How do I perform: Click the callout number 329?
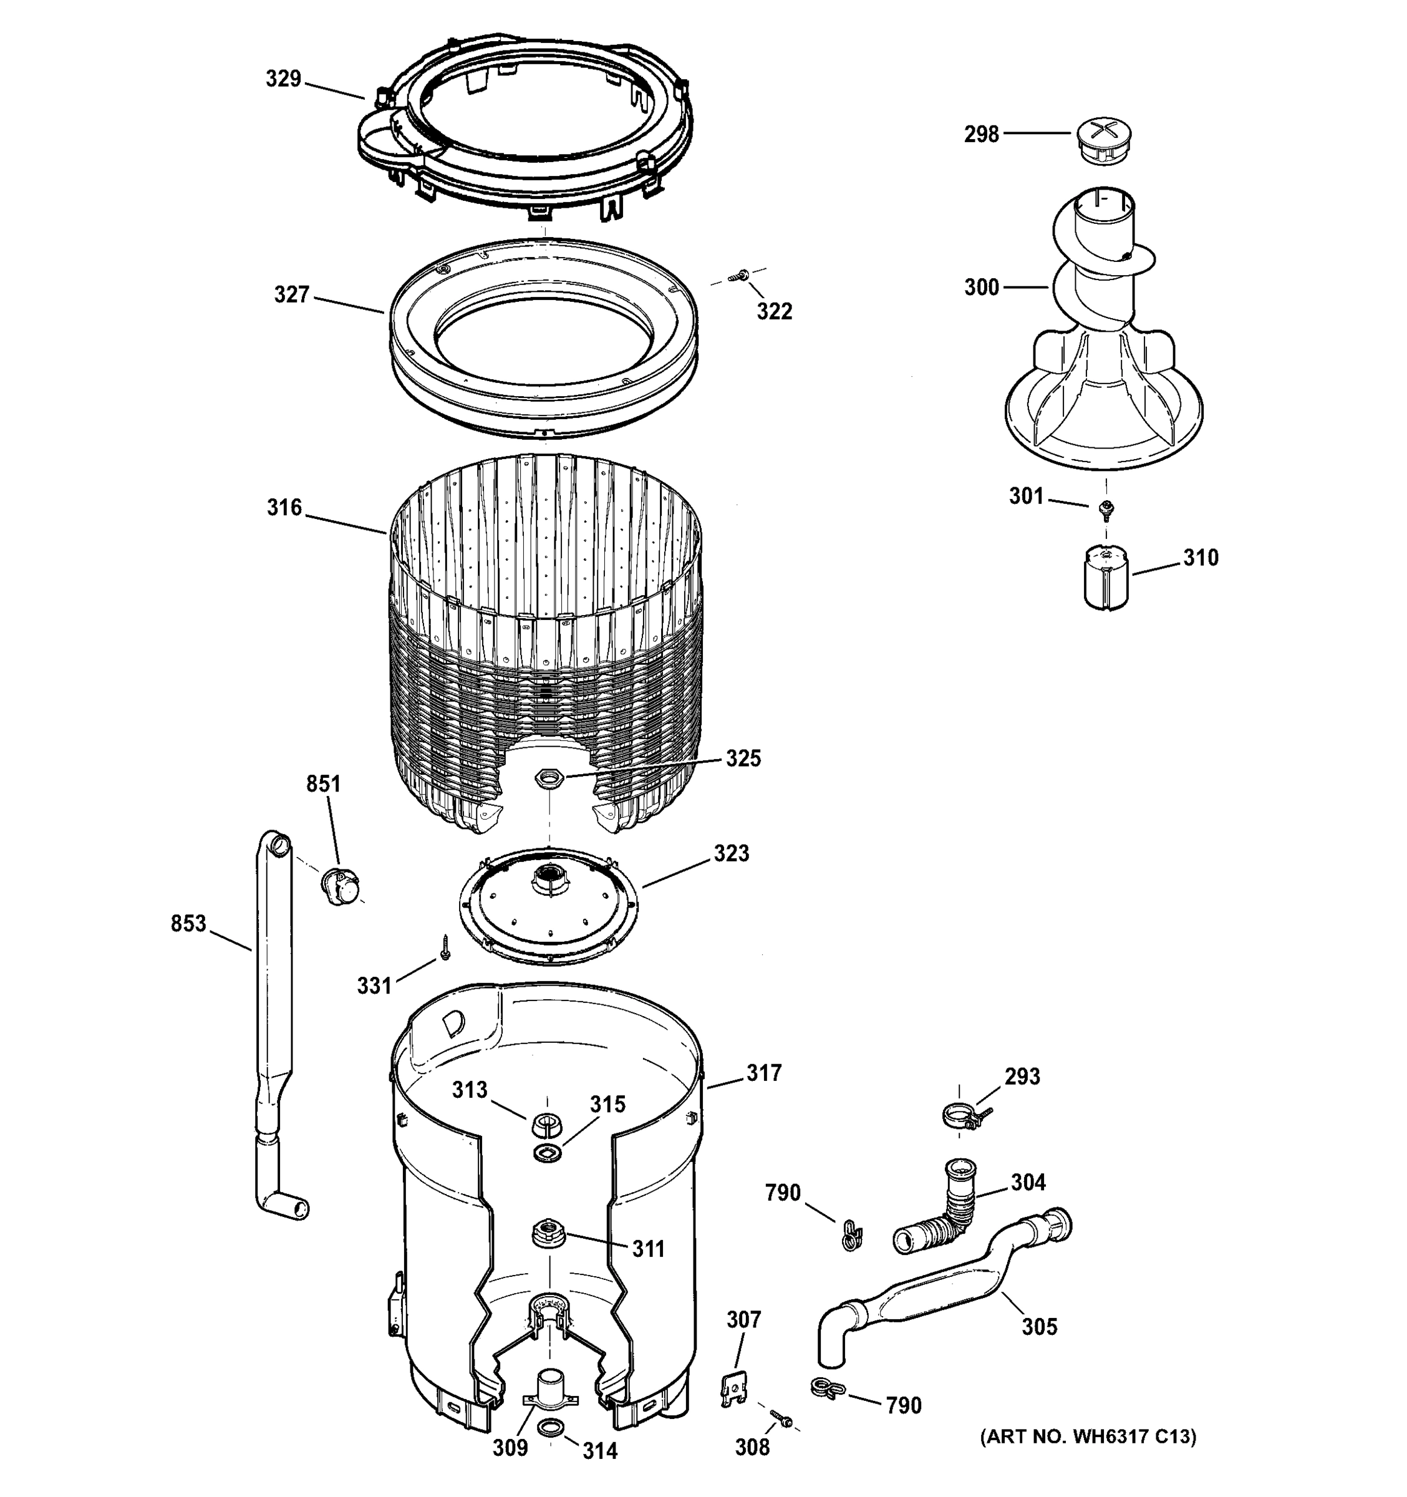tap(283, 79)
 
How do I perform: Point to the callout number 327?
tap(291, 294)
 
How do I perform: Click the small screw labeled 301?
tap(1106, 510)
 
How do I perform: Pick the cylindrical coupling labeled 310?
tap(1106, 578)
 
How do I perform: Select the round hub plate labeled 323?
tap(549, 904)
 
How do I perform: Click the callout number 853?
tap(188, 923)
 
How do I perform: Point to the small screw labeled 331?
tap(445, 947)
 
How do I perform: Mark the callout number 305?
tap(1039, 1326)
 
